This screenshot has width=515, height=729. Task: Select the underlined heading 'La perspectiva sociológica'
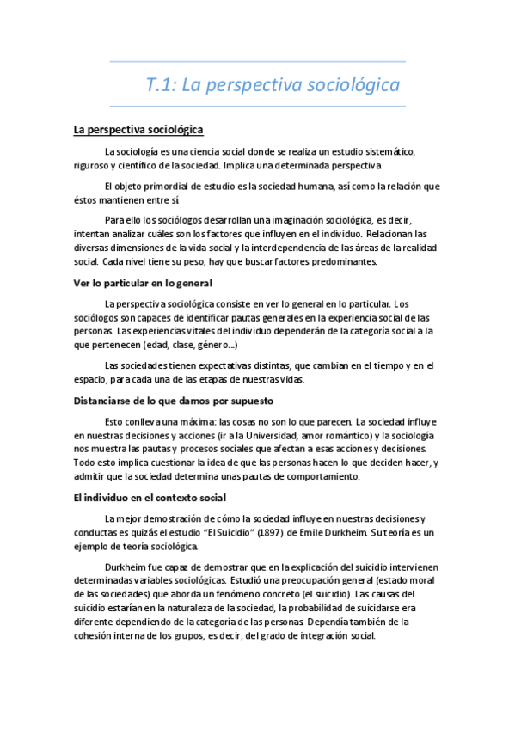[138, 130]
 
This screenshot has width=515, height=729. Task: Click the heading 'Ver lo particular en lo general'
[143, 284]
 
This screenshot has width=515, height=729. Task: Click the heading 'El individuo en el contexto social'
[150, 498]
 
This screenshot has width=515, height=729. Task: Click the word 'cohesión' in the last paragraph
[95, 636]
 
